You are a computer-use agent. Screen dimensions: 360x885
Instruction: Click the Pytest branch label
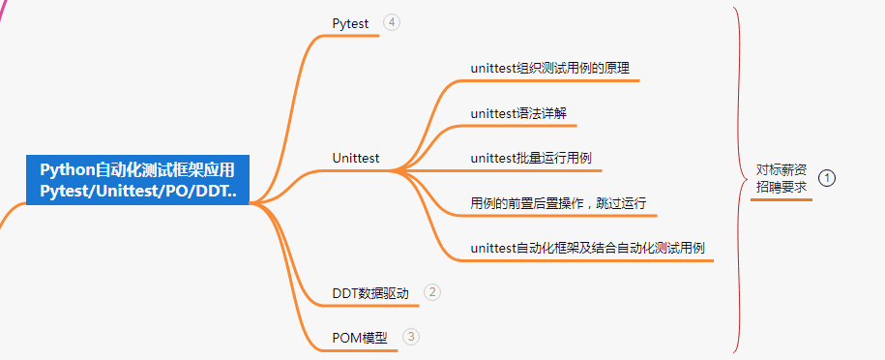click(x=350, y=23)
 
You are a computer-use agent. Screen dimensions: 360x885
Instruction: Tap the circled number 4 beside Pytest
click(x=392, y=22)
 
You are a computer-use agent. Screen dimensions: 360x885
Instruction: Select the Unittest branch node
click(x=355, y=157)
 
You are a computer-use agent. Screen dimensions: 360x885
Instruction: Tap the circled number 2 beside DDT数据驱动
click(x=432, y=291)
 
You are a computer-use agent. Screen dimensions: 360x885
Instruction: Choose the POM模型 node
click(x=359, y=338)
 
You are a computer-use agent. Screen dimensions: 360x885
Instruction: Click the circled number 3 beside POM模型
click(x=412, y=337)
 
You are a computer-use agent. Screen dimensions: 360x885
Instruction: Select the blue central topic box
click(x=137, y=180)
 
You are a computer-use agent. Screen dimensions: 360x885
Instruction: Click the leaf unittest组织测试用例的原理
click(x=551, y=68)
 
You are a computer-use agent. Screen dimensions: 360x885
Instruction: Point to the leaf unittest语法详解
click(x=518, y=113)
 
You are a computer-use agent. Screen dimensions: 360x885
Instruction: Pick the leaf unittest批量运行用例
click(x=530, y=158)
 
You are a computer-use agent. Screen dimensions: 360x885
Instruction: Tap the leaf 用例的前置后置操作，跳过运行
click(x=558, y=203)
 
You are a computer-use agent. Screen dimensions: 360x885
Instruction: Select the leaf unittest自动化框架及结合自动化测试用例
click(x=587, y=248)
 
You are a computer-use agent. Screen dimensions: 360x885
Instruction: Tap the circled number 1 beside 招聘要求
click(x=827, y=178)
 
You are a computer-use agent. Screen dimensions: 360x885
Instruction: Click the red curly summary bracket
click(x=740, y=179)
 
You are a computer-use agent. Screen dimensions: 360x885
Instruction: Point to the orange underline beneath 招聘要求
click(x=782, y=198)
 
